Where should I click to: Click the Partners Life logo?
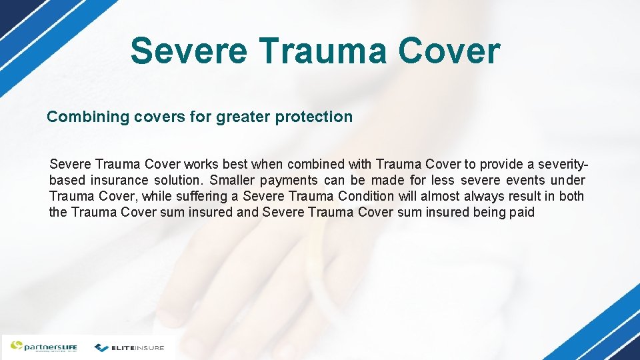coord(43,347)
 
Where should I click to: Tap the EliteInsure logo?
coord(129,347)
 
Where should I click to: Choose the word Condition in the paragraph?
coord(367,197)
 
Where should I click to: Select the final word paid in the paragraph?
coord(522,213)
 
